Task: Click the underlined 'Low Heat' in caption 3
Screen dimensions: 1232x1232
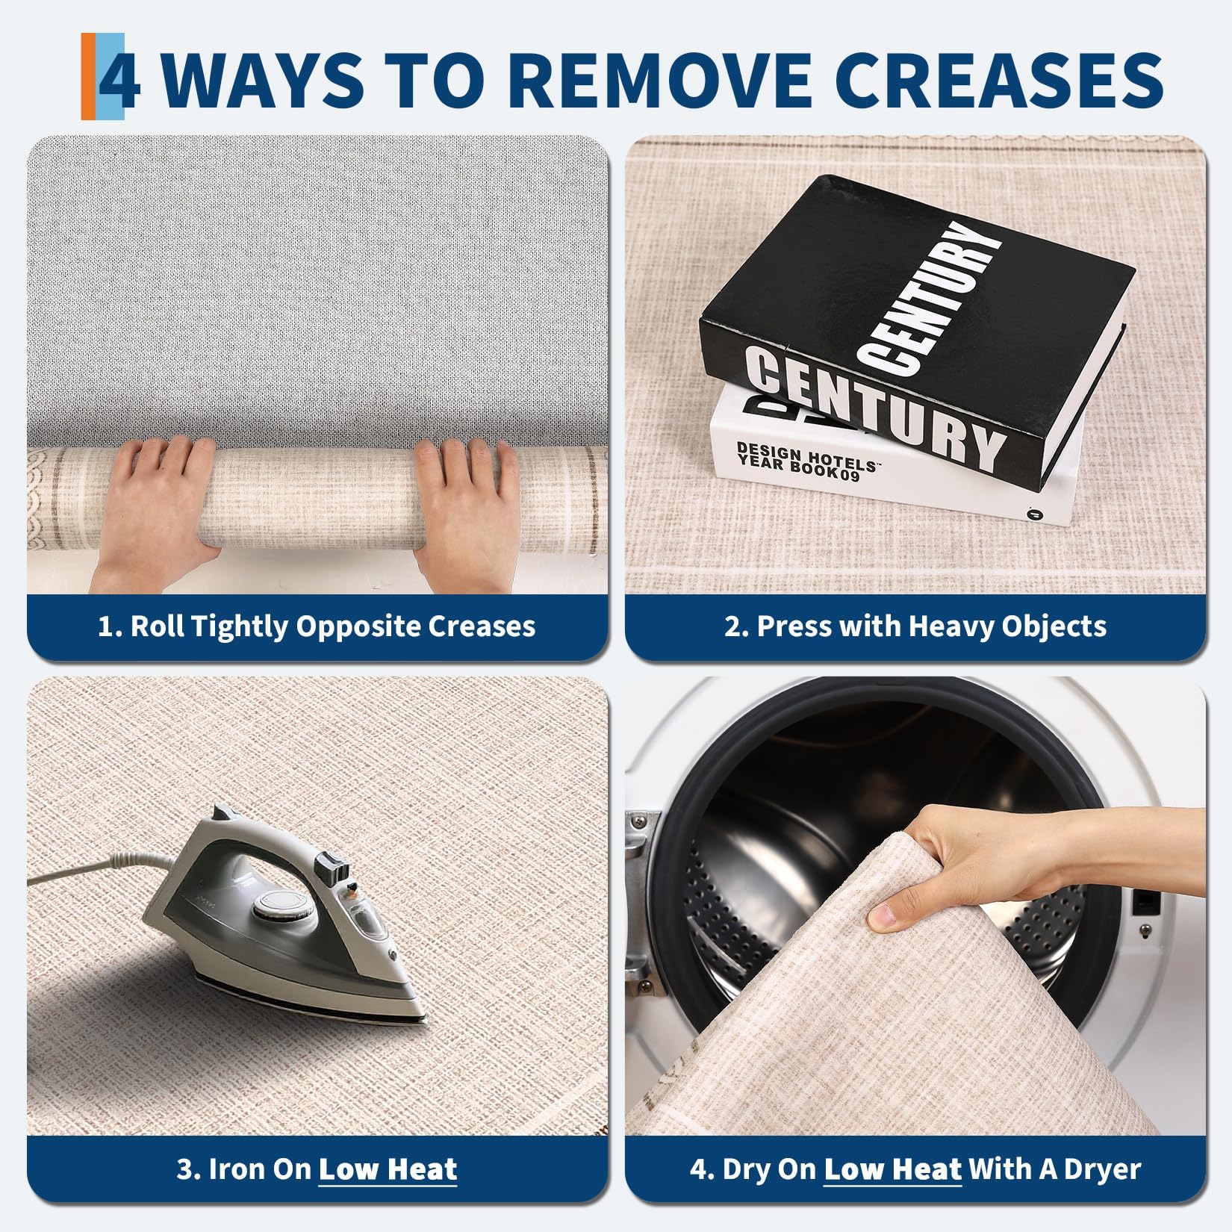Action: [388, 1169]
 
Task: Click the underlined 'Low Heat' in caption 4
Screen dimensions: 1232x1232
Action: [892, 1169]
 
